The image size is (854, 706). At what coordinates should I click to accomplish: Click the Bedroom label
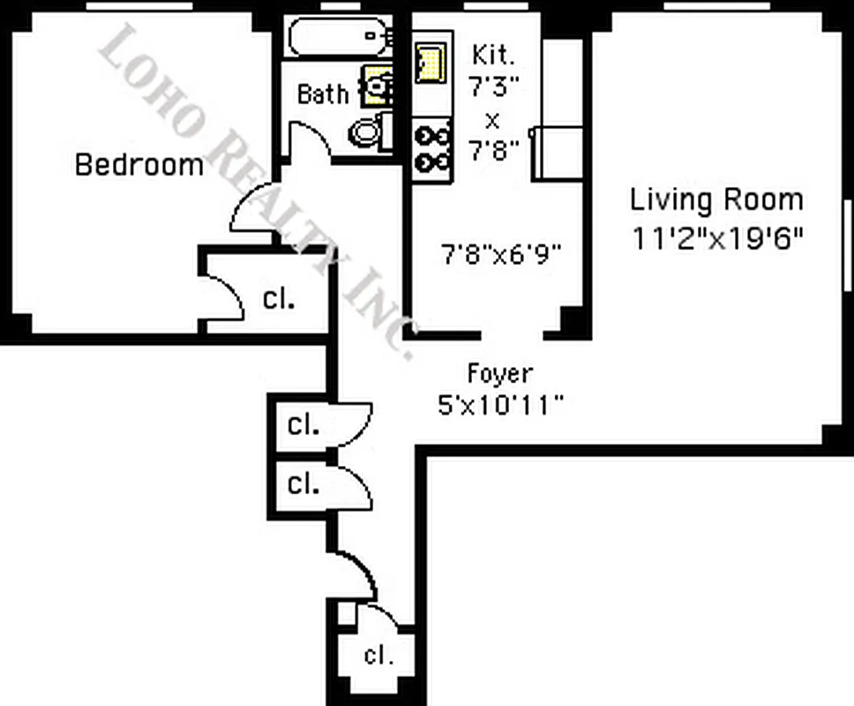[139, 165]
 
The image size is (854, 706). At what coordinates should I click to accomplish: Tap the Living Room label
[716, 199]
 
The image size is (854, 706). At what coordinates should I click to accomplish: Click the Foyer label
[499, 374]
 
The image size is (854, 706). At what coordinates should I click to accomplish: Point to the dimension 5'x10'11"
[500, 405]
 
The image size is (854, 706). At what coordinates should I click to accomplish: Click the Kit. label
[492, 55]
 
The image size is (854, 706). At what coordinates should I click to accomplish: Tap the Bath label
[322, 94]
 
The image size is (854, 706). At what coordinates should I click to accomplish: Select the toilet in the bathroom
[368, 133]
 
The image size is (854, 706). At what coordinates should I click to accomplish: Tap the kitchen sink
[431, 62]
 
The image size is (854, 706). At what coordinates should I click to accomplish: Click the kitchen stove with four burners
[432, 149]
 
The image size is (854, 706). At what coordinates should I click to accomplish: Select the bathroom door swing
[308, 141]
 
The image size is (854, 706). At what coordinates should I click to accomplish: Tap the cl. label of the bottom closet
[378, 656]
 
